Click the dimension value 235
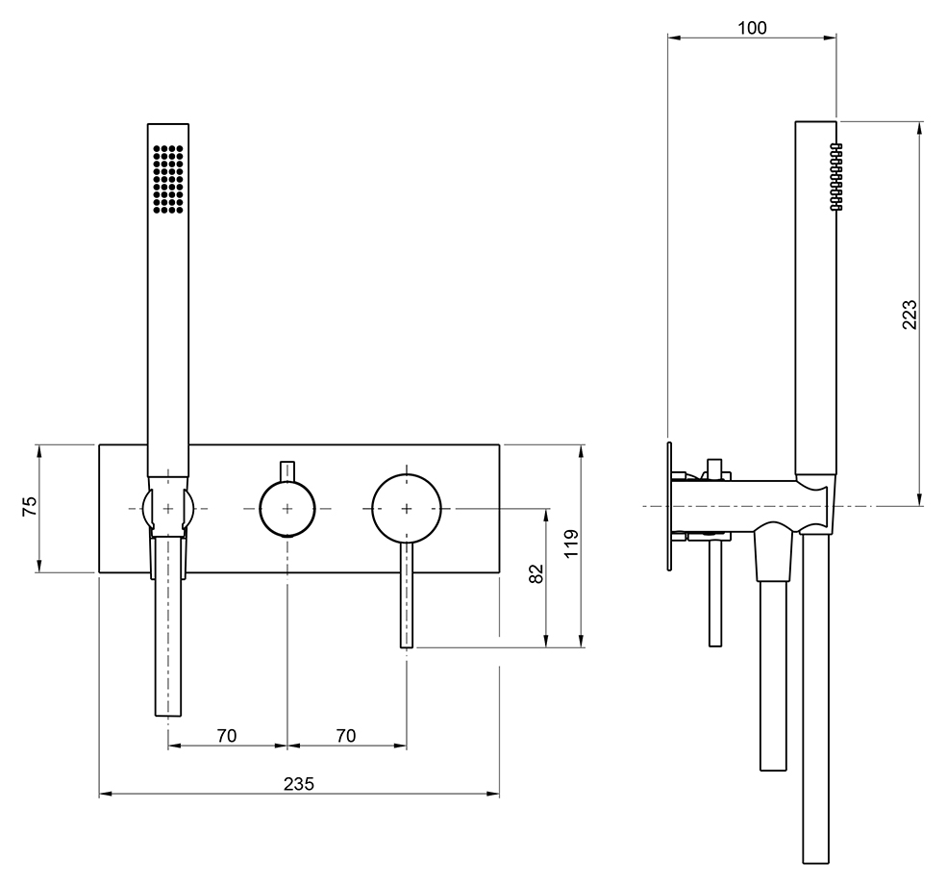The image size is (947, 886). (x=299, y=784)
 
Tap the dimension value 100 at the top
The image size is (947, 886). (x=752, y=28)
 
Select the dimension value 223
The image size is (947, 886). (x=909, y=315)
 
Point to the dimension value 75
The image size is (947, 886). (x=30, y=506)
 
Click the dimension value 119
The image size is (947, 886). (x=571, y=544)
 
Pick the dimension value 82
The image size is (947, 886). (x=536, y=573)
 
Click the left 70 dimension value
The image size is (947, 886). (x=227, y=736)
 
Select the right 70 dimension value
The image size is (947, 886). (x=345, y=736)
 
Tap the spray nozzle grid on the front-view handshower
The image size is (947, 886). (x=168, y=179)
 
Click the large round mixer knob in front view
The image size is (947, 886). (x=407, y=509)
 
